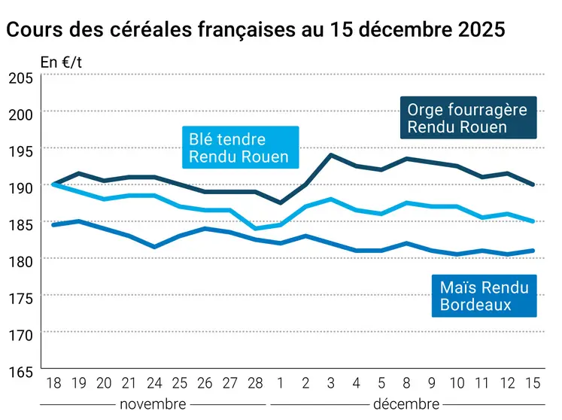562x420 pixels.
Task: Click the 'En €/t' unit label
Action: (61, 62)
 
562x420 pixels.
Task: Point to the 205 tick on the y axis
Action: (20, 78)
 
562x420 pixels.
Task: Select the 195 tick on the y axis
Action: (20, 151)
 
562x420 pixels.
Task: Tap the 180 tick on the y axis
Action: (20, 261)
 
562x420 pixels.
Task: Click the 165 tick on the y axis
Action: (20, 372)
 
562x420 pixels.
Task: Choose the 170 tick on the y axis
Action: (20, 334)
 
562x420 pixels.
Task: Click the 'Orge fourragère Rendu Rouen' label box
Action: (467, 118)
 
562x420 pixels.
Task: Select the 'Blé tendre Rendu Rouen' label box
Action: (238, 148)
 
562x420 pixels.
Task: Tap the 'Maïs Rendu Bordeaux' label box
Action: (484, 296)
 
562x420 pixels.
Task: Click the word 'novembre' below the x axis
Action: (153, 404)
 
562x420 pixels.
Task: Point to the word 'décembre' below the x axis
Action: (405, 404)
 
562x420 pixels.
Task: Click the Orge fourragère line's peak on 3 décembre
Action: (332, 155)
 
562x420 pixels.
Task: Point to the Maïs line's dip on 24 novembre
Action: (155, 246)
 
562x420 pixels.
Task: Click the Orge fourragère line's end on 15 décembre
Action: (533, 184)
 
